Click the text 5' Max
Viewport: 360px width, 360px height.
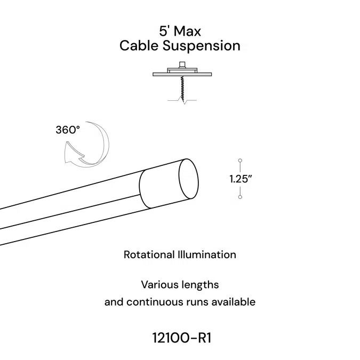click(180, 30)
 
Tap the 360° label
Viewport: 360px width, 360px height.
click(68, 130)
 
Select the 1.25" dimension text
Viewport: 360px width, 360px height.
click(241, 179)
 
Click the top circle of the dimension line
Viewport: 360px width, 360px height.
click(241, 160)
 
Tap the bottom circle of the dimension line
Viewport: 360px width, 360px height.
click(241, 198)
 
